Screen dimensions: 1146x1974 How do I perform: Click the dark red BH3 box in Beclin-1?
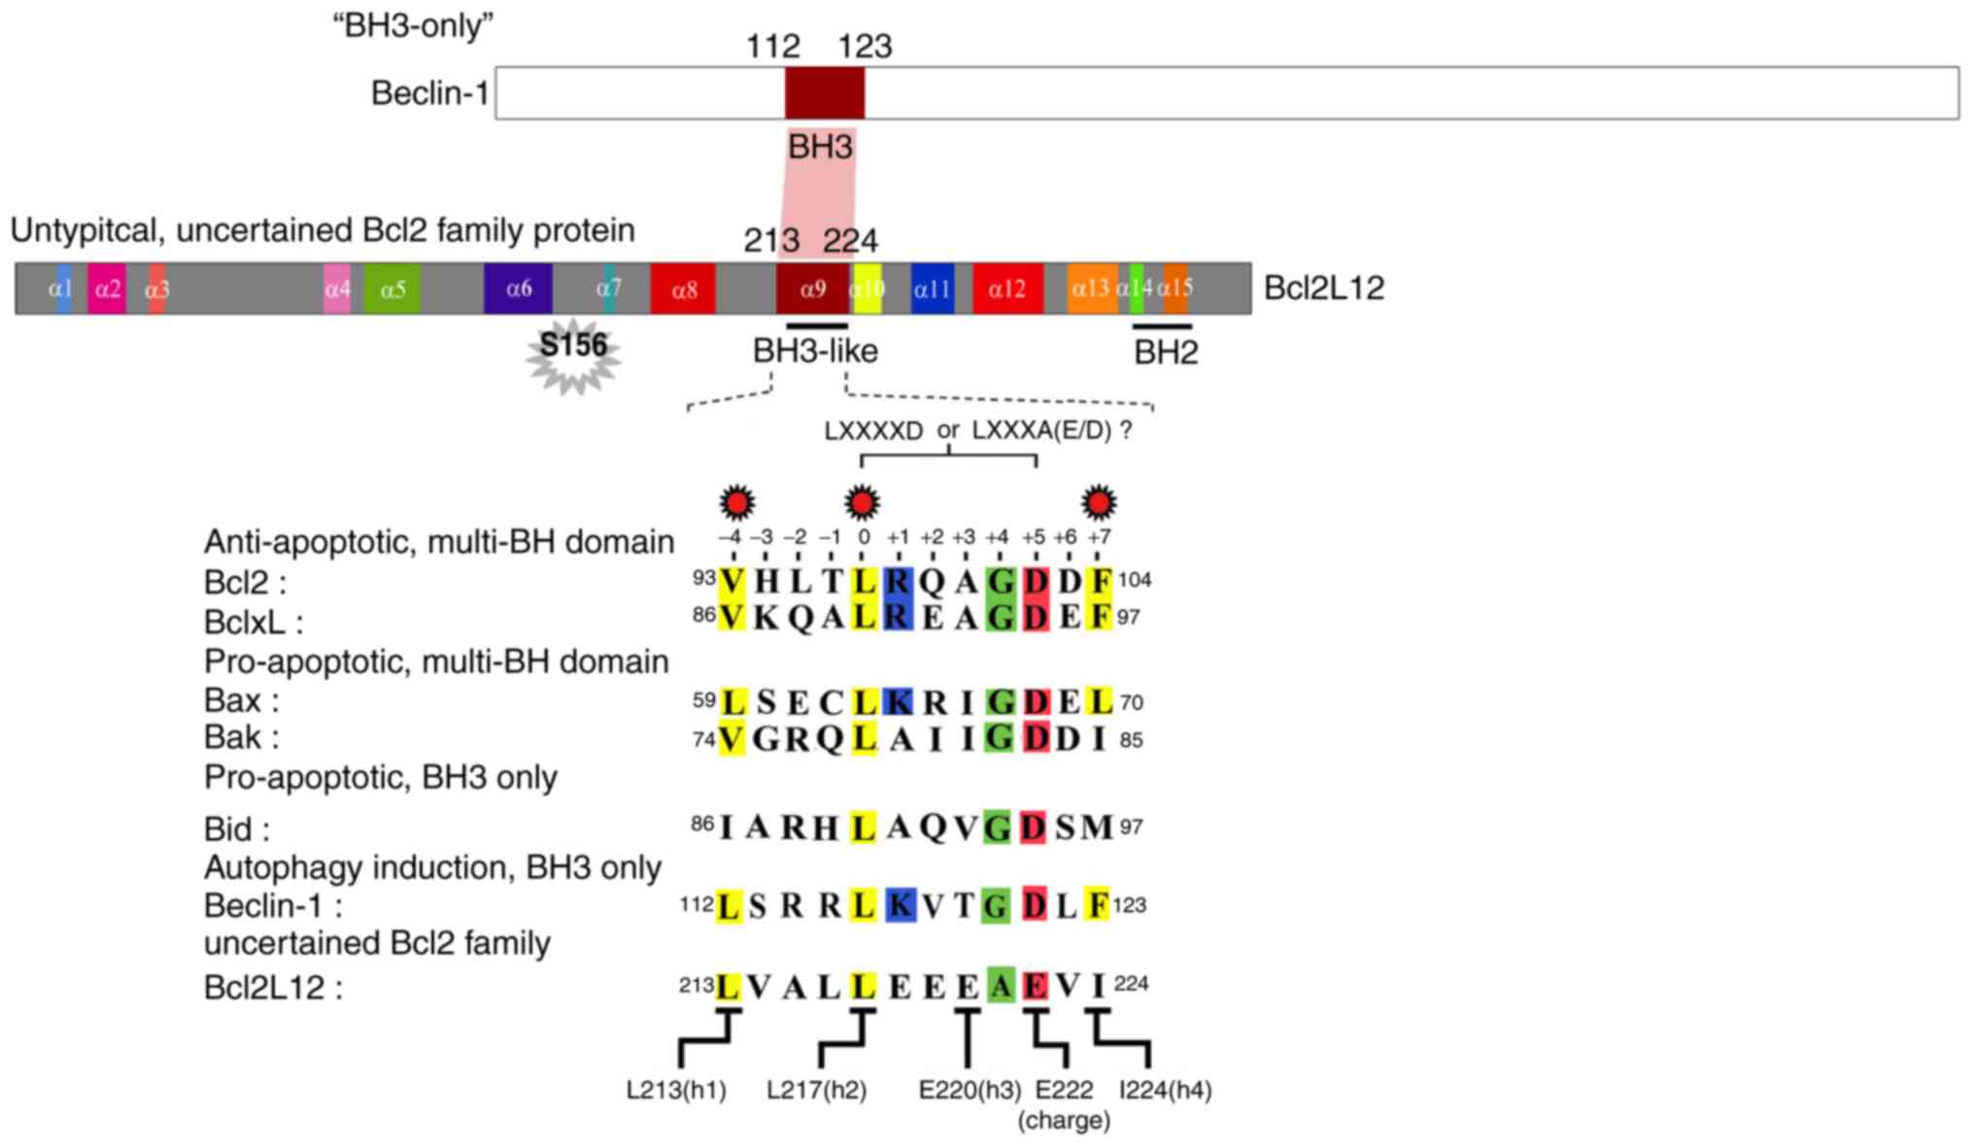(824, 93)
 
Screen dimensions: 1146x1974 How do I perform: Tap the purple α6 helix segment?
(518, 288)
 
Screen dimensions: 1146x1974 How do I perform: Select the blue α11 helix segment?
(932, 288)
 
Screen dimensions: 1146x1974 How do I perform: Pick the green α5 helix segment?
(392, 288)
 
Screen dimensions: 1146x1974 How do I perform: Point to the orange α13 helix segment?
(1091, 288)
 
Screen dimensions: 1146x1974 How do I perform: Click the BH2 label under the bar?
(1166, 353)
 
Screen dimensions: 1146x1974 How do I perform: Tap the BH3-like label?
(815, 352)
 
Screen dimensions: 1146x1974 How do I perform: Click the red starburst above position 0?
(862, 502)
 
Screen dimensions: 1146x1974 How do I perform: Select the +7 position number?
(1099, 537)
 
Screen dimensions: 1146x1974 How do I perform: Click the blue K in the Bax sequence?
(900, 701)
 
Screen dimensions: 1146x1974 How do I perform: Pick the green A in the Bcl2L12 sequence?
(1000, 986)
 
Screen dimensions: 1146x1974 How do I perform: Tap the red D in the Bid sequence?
(1035, 827)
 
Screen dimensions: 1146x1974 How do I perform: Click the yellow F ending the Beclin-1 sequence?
(1098, 905)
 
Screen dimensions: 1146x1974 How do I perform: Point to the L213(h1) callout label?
(676, 1091)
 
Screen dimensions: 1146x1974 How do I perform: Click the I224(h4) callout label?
(1165, 1091)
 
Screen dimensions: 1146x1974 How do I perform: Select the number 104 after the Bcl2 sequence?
(1135, 581)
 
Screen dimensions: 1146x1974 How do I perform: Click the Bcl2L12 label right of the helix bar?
(1323, 288)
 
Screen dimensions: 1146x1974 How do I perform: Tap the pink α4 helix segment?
(337, 288)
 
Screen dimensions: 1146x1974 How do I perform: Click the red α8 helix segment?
(684, 288)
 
